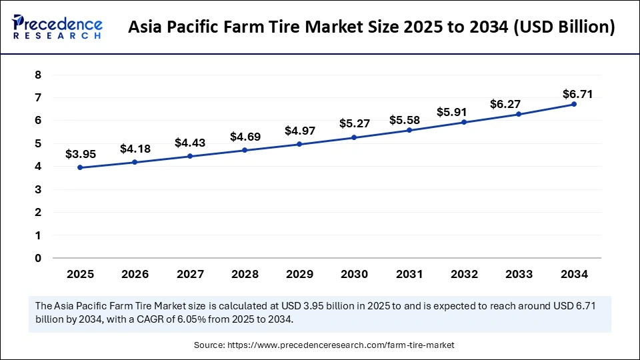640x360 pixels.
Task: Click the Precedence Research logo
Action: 57,27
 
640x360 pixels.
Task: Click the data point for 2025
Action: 81,167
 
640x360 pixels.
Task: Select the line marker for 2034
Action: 573,104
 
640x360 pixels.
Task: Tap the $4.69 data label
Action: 245,137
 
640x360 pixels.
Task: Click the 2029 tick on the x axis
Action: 299,274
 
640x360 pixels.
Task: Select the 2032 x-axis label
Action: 464,274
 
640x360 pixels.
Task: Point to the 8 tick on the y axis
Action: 38,75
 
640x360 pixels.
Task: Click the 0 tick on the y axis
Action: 38,258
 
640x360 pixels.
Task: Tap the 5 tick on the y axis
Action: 38,143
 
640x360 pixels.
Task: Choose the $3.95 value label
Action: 81,154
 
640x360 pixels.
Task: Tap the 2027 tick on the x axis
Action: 190,274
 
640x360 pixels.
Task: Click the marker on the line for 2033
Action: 519,114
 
